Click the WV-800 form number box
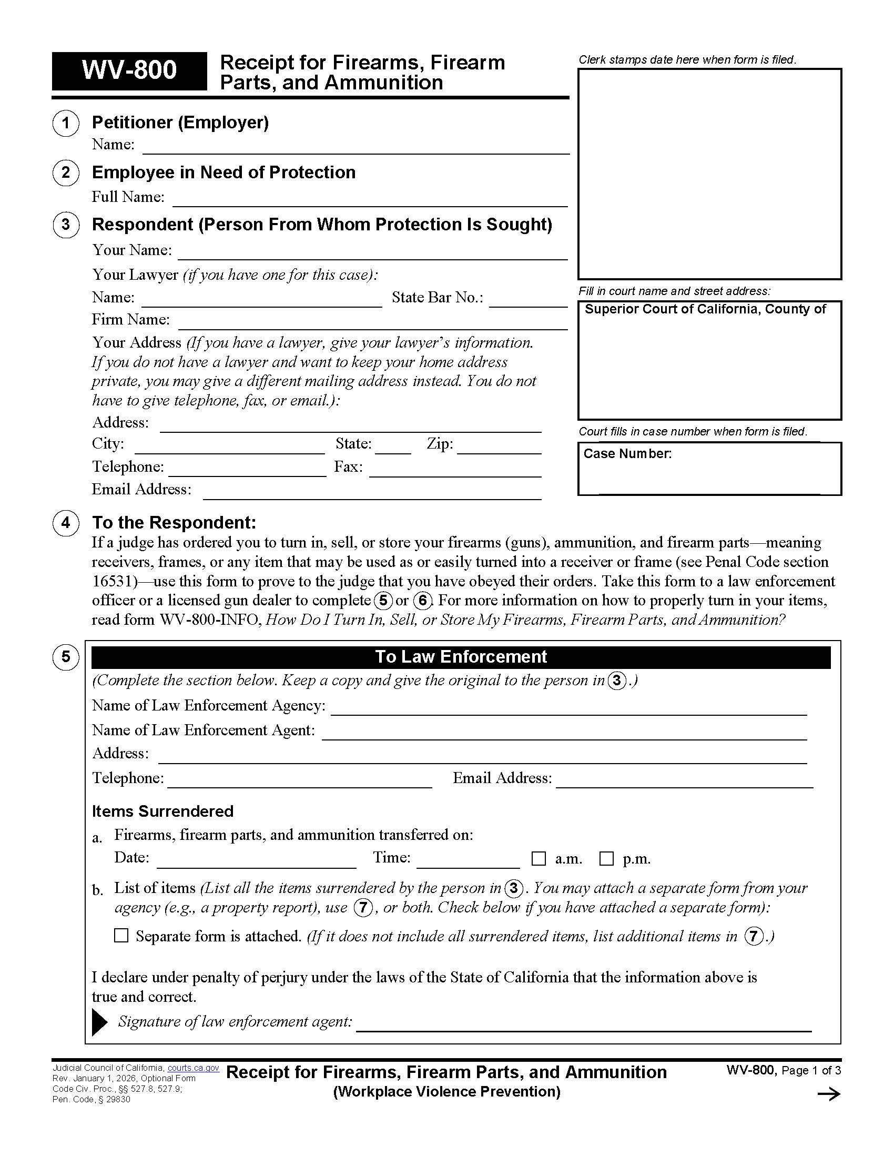point(129,70)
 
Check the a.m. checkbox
point(538,859)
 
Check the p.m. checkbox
point(606,859)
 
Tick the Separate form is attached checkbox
point(121,936)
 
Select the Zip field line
point(499,448)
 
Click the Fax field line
point(455,471)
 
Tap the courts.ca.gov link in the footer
point(194,1068)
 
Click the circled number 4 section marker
point(66,523)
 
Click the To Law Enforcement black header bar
point(461,657)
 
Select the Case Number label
point(627,454)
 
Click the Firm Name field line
point(373,323)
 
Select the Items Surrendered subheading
point(162,811)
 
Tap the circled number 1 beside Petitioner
point(66,124)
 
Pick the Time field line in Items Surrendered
point(468,861)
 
